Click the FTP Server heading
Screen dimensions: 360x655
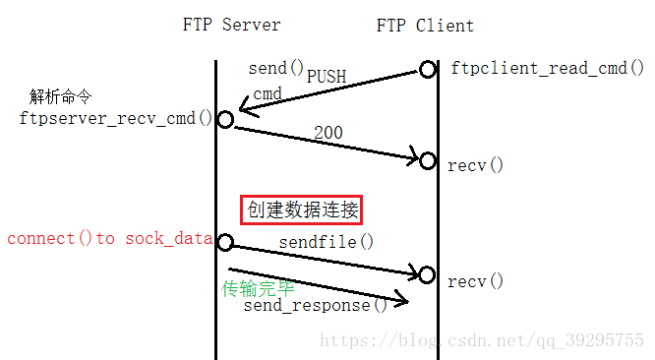[231, 26]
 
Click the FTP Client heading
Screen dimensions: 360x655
[425, 26]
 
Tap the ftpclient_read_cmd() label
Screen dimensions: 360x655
[547, 69]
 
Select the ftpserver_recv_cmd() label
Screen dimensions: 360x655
[116, 118]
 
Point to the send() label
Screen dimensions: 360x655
[276, 68]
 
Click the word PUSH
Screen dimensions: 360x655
[327, 76]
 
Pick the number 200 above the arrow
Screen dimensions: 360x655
[328, 132]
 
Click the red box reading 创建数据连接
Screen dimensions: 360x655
[303, 210]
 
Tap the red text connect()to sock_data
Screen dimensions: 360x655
[109, 239]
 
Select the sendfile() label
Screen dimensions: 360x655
[327, 241]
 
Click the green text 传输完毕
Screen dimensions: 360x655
[258, 288]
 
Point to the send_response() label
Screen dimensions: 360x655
[316, 304]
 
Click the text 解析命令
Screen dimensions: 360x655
[61, 96]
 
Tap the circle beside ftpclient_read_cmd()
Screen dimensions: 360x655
[427, 69]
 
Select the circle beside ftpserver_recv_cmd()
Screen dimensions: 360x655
[225, 119]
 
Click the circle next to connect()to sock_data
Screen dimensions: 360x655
[225, 242]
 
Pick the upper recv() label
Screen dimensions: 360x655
[475, 164]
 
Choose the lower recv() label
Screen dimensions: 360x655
[475, 281]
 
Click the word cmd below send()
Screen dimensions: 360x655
[268, 93]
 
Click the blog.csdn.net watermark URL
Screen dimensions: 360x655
[483, 340]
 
